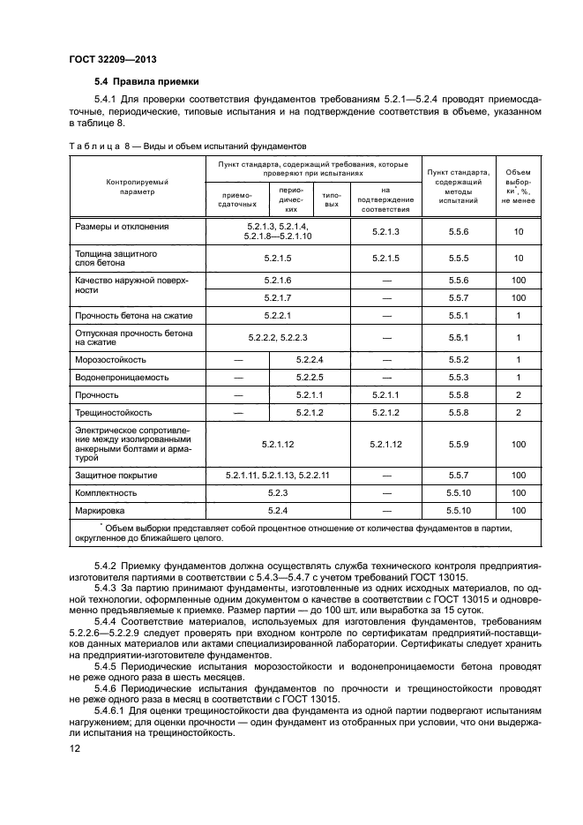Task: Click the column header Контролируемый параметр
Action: (137, 185)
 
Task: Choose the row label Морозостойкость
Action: (111, 360)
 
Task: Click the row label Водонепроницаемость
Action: (121, 378)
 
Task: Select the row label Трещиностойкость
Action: (115, 412)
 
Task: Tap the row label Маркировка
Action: (101, 510)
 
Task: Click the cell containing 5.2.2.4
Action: (310, 360)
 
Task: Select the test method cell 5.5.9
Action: (457, 444)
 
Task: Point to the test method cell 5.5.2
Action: (457, 360)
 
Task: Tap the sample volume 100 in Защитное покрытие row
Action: (519, 475)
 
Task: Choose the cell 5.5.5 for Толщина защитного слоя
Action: (457, 258)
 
